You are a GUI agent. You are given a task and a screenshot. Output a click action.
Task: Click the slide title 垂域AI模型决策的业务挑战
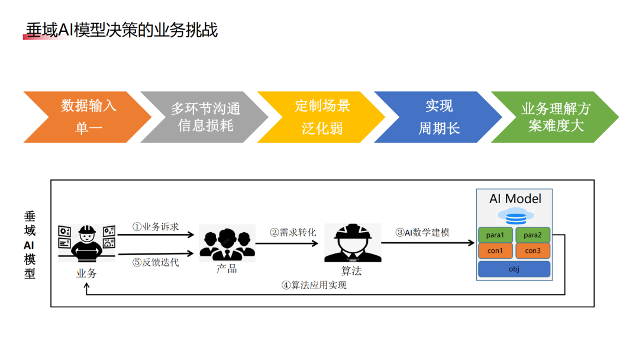(x=122, y=30)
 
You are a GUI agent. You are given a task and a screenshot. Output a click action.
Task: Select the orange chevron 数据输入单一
(x=88, y=117)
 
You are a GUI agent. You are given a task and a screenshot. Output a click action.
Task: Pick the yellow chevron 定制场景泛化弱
(x=321, y=117)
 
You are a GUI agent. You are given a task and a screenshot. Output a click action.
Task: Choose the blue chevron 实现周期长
(x=438, y=117)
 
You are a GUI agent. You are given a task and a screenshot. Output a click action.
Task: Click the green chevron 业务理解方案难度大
(x=555, y=117)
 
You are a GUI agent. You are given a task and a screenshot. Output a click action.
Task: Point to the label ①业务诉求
(x=156, y=227)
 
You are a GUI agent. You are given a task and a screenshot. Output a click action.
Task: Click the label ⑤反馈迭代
(x=156, y=262)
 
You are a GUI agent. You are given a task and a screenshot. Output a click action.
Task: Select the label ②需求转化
(x=293, y=232)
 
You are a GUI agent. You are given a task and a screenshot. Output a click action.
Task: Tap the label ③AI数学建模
(x=422, y=232)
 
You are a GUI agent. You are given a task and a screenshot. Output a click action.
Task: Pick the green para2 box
(x=532, y=235)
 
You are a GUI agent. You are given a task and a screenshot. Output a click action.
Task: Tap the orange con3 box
(x=532, y=250)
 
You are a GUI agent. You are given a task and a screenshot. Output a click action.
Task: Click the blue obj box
(x=514, y=269)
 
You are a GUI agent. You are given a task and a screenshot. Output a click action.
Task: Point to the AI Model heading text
(x=515, y=198)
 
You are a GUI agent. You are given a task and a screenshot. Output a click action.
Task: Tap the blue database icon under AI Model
(x=514, y=215)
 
